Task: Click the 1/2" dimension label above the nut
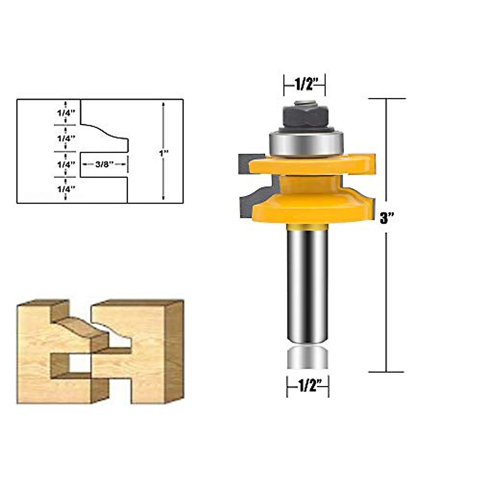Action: pos(305,84)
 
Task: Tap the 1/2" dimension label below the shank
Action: pos(308,386)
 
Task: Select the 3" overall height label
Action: pos(386,218)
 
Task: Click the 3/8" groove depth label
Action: pos(105,164)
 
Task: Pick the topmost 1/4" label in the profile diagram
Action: pos(66,112)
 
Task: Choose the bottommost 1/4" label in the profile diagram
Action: pos(66,189)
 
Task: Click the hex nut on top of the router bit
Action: pos(306,116)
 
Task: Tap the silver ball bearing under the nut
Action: pos(306,143)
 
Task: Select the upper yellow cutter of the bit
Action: pos(312,165)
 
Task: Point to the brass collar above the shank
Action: pos(307,227)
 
